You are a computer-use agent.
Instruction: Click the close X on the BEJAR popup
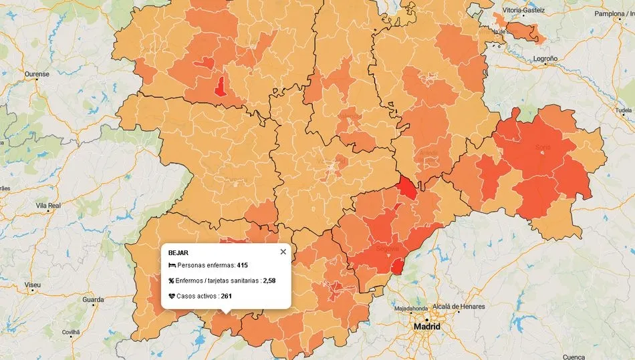coord(283,252)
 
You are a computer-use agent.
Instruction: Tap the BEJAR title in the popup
coord(178,253)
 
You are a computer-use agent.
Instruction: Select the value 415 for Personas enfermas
coord(242,265)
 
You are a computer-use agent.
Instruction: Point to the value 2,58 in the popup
coord(269,281)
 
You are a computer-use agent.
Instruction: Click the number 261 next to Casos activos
coord(226,295)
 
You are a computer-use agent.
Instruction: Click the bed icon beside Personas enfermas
coord(172,265)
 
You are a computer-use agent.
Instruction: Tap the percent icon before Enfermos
coord(172,281)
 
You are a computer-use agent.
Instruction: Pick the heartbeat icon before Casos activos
coord(172,295)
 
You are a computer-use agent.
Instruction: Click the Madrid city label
coord(427,327)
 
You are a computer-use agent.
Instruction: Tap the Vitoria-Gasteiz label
coord(523,11)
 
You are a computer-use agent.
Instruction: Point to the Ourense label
coord(37,74)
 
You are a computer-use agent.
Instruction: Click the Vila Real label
coord(48,206)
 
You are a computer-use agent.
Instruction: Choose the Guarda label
coord(92,300)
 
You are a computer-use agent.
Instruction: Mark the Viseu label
coord(32,285)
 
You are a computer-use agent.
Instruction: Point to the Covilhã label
coord(70,331)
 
